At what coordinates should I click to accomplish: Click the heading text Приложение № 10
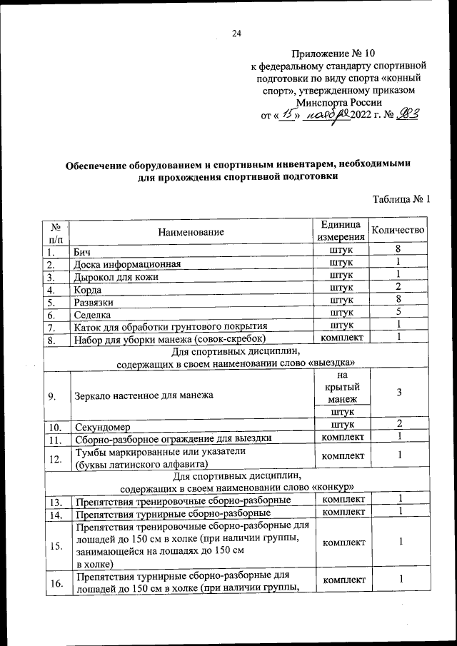click(x=333, y=54)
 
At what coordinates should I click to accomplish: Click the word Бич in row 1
click(x=82, y=252)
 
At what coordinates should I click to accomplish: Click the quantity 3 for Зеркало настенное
click(x=400, y=393)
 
